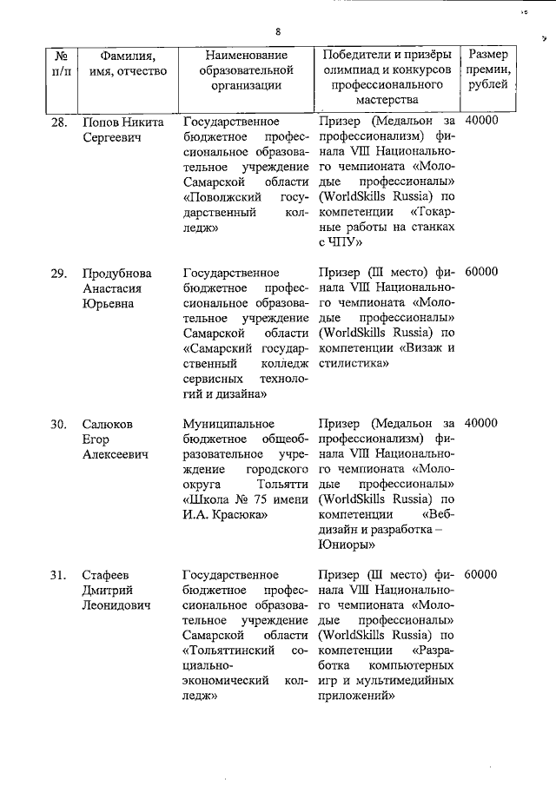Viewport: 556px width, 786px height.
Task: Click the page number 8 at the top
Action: coord(277,32)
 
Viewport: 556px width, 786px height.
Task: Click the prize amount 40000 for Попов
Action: coord(481,122)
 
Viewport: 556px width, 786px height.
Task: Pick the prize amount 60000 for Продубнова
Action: coord(481,273)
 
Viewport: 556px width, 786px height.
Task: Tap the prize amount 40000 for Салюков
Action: coord(481,424)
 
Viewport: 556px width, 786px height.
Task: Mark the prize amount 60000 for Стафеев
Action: coord(481,575)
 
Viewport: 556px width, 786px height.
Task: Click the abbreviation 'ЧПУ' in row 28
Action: coord(345,244)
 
